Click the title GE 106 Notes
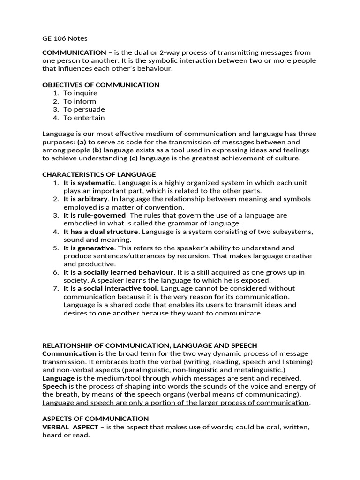(x=65, y=38)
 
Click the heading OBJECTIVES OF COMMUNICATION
(x=101, y=85)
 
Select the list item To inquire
(x=81, y=93)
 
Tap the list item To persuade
(x=84, y=109)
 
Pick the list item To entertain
(x=84, y=118)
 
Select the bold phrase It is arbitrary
(x=86, y=199)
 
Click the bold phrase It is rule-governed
(x=95, y=215)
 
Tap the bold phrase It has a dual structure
(x=101, y=232)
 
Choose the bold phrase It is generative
(x=89, y=247)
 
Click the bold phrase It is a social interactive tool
(x=111, y=288)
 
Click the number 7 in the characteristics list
(x=55, y=288)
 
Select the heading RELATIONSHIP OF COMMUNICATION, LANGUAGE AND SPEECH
(x=150, y=345)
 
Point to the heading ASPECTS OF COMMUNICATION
(x=96, y=418)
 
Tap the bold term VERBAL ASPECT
(x=71, y=427)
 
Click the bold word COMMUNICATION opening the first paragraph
(x=74, y=52)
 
